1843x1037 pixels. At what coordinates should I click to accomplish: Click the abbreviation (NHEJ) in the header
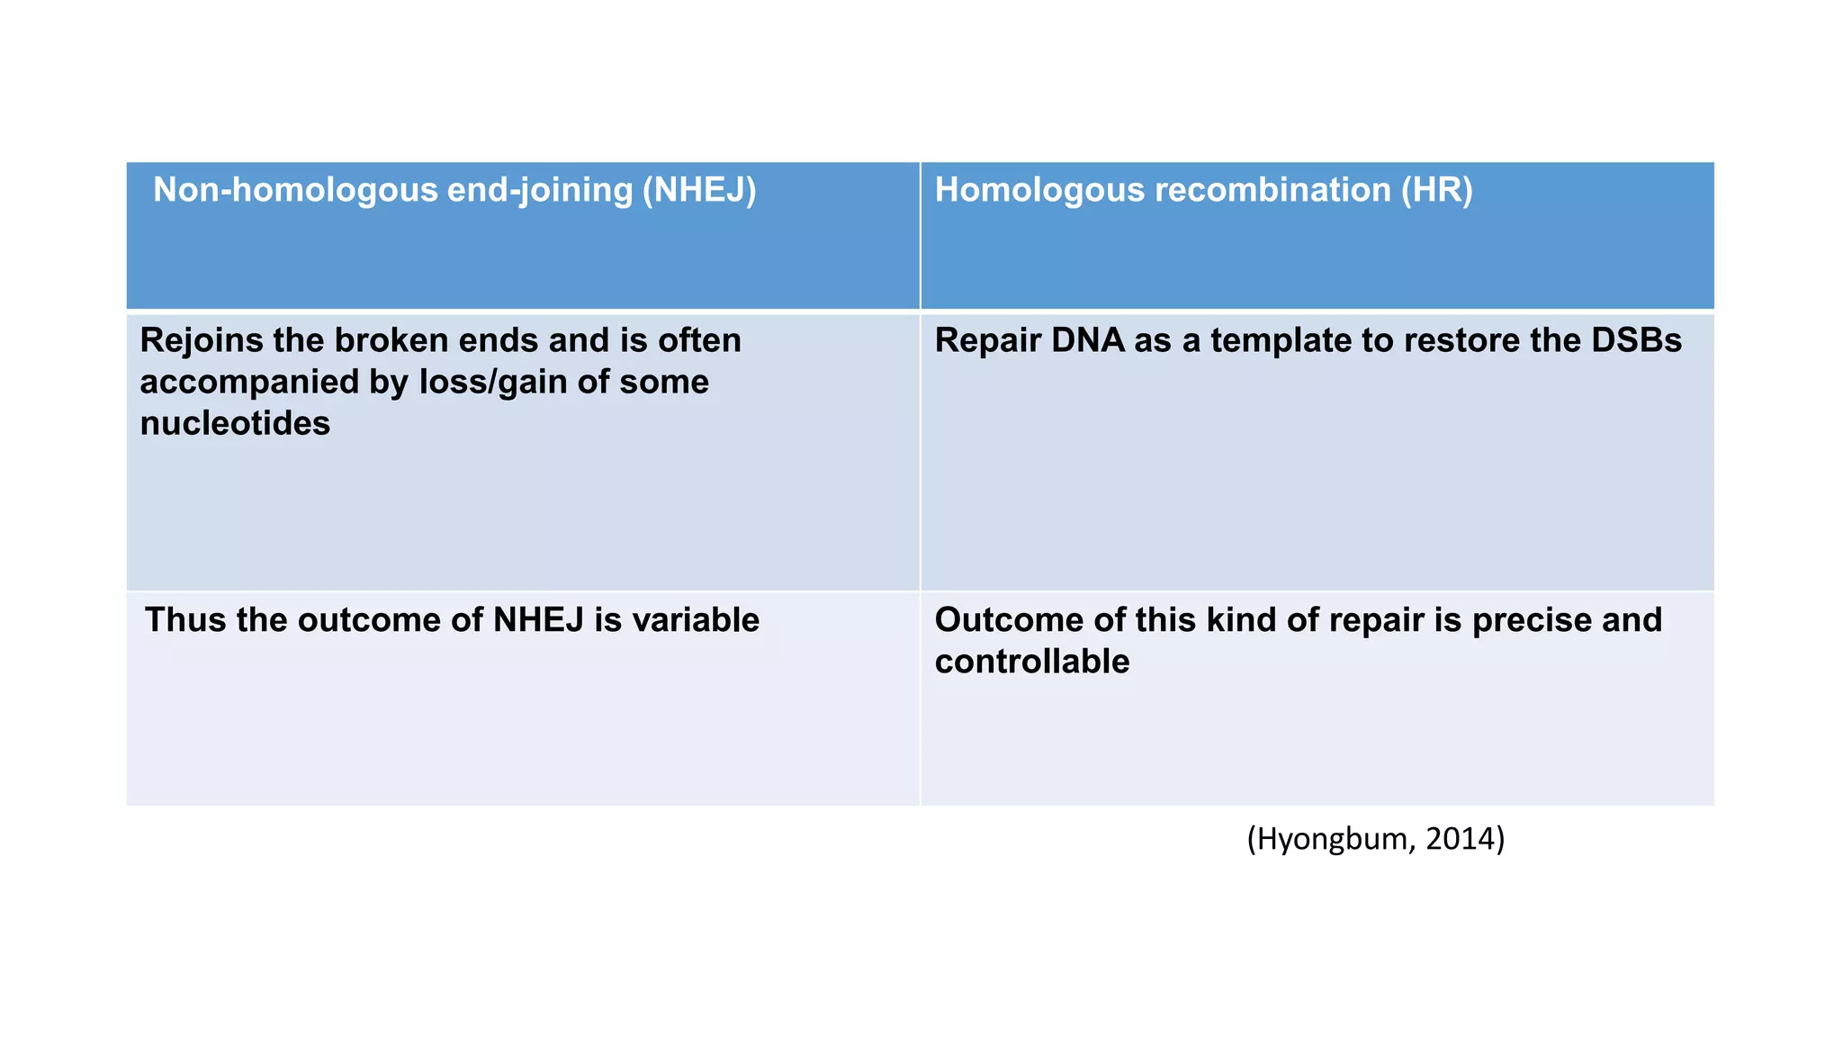point(699,190)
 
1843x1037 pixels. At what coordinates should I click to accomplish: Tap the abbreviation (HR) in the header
point(1436,190)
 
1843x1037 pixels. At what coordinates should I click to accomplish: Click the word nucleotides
point(235,423)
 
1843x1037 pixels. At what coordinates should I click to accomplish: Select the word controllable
point(1031,662)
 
